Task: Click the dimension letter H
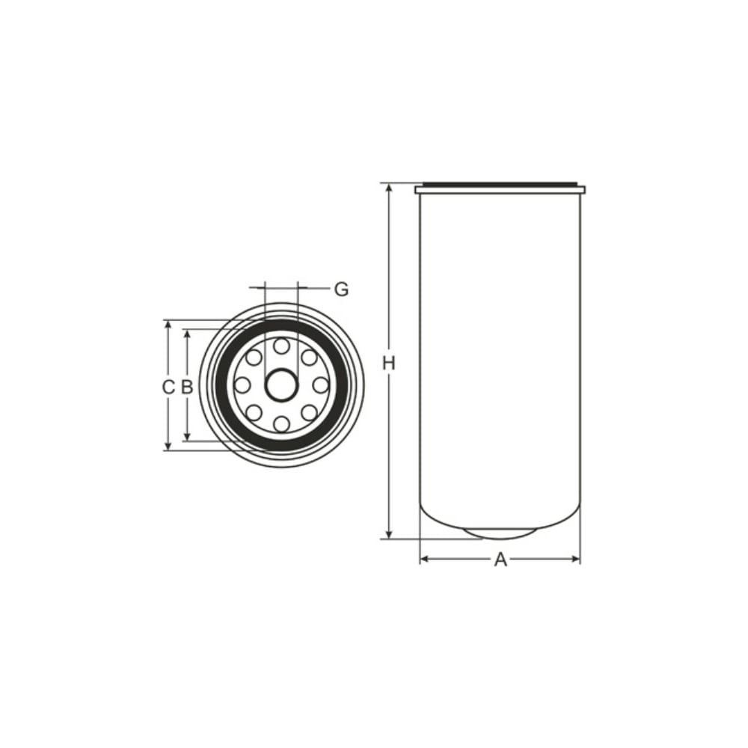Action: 389,364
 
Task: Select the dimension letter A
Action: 500,560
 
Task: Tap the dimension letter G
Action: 341,289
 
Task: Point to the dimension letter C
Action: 168,387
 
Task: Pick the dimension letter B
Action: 186,387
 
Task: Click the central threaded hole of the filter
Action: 281,385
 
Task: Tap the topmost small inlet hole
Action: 282,346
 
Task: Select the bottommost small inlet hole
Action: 282,424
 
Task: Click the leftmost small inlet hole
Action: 243,385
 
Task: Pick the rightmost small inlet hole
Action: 321,385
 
